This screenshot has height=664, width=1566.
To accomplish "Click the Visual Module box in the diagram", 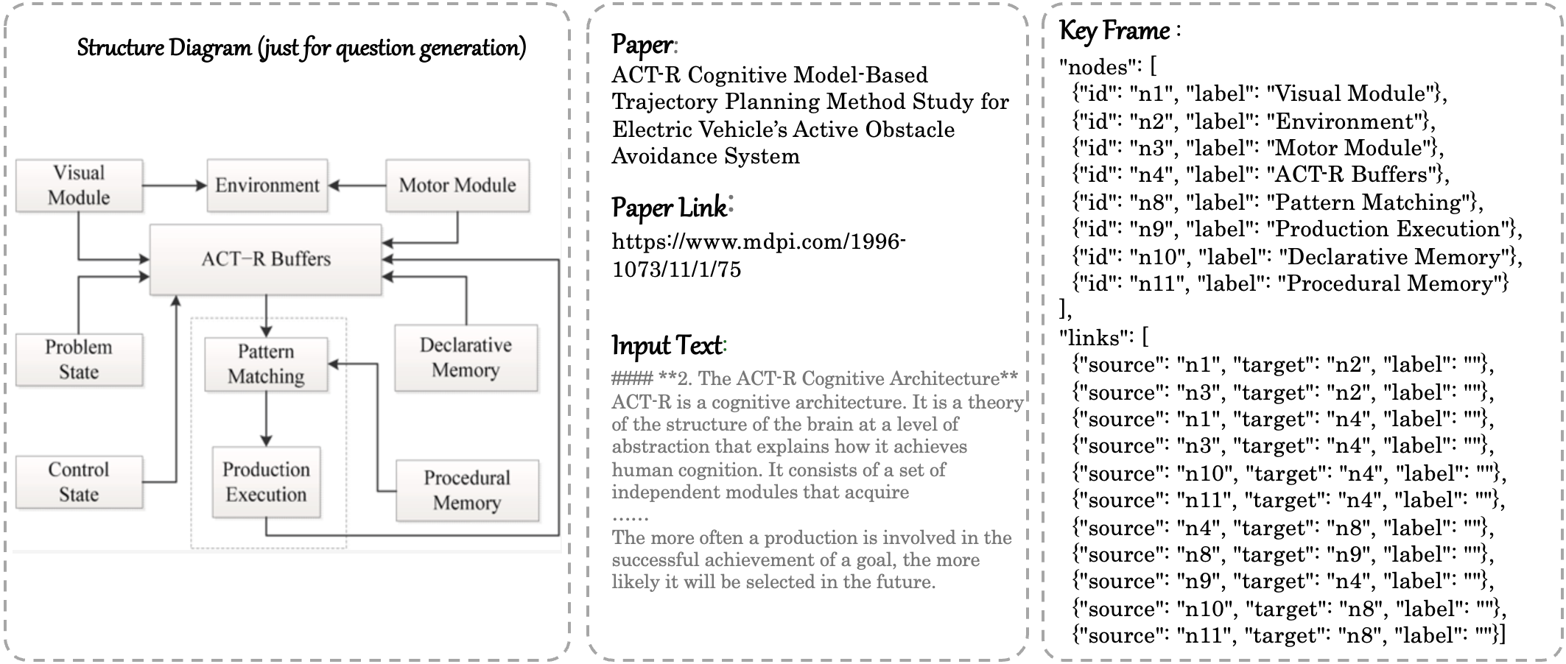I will point(79,186).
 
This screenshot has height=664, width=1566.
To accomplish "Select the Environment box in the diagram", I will point(267,186).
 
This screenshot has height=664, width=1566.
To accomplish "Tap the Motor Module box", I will point(457,186).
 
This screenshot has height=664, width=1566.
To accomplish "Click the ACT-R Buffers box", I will point(266,259).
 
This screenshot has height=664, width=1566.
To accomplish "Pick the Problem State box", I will point(79,359).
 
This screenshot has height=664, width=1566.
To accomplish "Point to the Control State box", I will point(79,482).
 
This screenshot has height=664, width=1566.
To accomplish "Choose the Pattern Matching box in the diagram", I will point(266,364).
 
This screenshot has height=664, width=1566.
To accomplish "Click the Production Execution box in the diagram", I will point(266,482).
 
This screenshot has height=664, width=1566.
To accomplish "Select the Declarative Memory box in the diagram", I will point(466,358).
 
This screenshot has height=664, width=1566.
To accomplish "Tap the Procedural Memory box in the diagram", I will point(467,490).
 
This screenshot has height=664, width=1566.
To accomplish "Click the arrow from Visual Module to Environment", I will point(175,186).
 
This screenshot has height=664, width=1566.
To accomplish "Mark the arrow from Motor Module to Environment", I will point(357,186).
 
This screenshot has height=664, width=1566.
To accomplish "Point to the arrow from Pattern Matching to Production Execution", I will point(266,418).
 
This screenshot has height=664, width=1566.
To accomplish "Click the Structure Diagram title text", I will point(301,49).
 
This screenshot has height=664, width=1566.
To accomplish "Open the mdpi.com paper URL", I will point(759,255).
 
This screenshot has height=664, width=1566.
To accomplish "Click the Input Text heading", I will point(669,345).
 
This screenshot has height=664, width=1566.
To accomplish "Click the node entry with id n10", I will point(1296,257).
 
